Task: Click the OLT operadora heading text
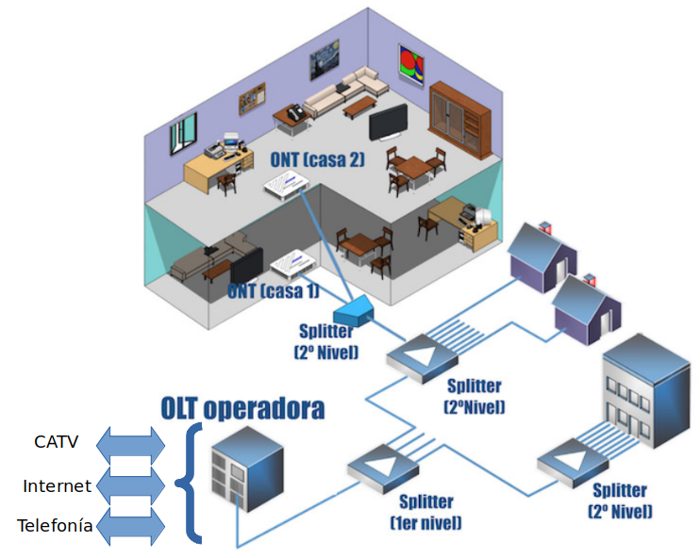tap(243, 408)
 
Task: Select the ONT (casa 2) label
tap(316, 159)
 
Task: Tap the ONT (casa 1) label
tap(273, 290)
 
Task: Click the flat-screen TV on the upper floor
tap(387, 123)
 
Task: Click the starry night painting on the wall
tap(324, 67)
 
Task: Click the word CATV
tap(57, 441)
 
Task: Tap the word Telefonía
tap(55, 526)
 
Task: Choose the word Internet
tap(57, 486)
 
